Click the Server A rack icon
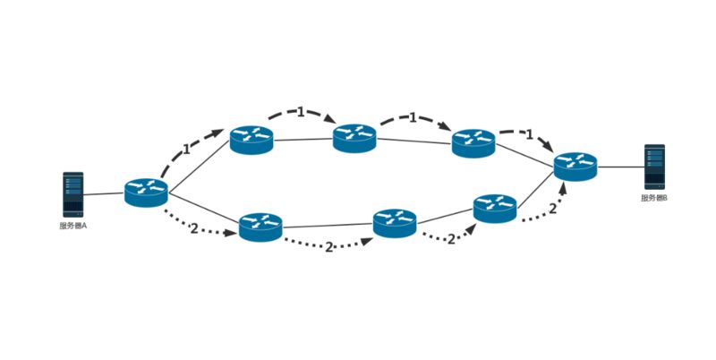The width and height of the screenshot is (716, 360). coord(72,194)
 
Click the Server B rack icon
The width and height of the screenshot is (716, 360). coord(654,167)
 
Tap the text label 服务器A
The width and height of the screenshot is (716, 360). coord(72,226)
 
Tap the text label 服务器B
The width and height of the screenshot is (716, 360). coord(654,198)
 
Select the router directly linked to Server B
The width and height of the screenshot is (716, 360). coord(575,166)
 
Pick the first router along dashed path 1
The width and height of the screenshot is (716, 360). coord(251,140)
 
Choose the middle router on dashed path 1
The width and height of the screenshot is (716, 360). coord(354,138)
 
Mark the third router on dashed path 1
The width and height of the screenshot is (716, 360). coord(473,142)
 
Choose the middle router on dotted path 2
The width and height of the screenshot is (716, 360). coord(395,222)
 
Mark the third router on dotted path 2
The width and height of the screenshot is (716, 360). coord(495,207)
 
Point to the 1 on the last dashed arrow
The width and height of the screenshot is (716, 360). coord(530,135)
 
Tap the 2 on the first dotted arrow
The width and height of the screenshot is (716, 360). coord(194,227)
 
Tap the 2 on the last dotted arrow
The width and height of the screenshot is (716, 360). coord(552,209)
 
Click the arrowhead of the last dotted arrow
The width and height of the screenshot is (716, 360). coord(563,189)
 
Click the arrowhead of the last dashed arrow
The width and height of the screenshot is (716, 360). coord(547,148)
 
